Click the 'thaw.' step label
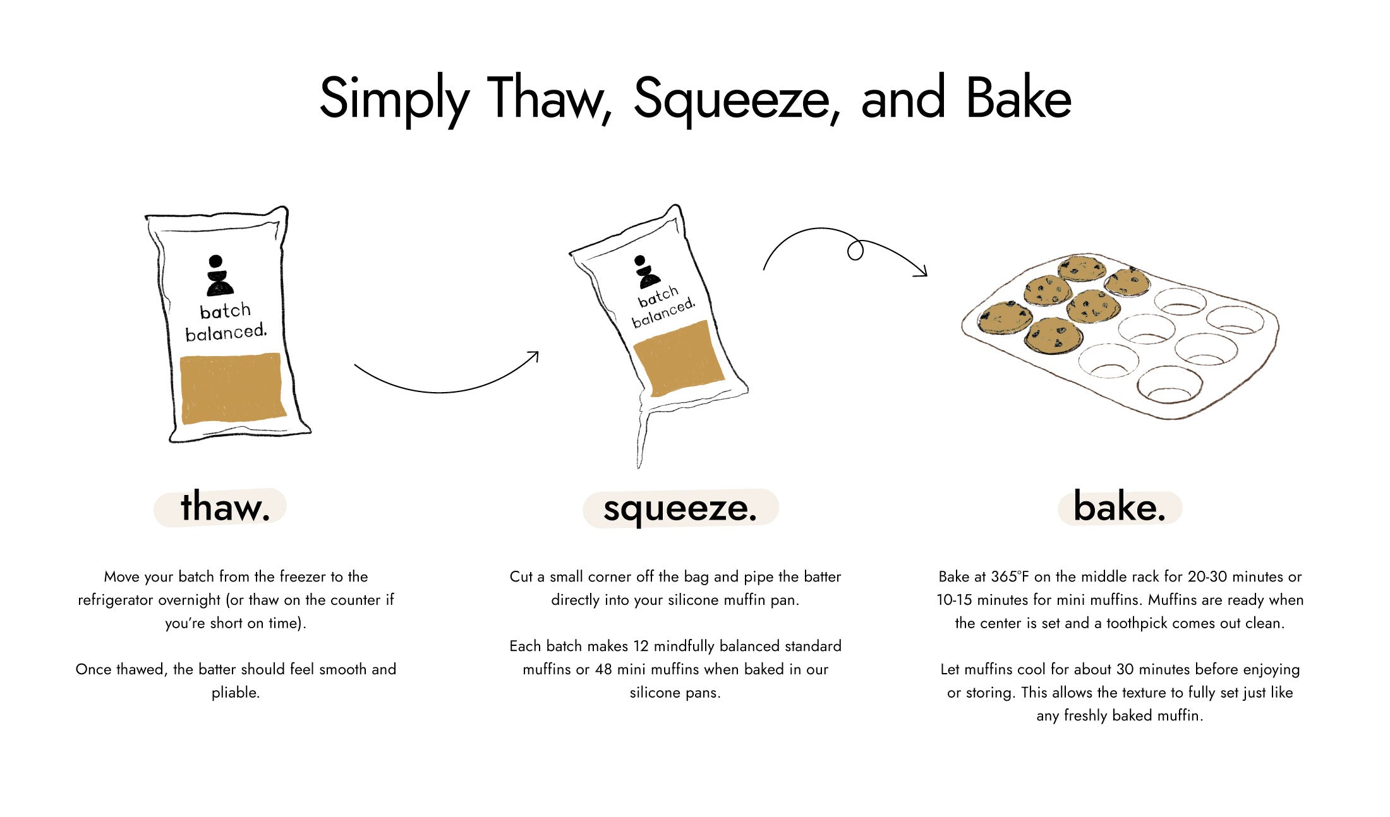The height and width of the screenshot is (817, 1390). (x=226, y=507)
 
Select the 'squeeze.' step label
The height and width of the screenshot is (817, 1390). (x=680, y=509)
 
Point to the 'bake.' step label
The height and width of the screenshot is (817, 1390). (x=1120, y=507)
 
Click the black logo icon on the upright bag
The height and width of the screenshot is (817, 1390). (x=219, y=275)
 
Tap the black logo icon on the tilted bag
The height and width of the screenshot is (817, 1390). (x=646, y=271)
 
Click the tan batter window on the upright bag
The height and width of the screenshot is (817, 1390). (x=233, y=388)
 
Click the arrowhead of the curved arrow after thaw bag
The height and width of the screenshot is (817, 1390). (x=533, y=357)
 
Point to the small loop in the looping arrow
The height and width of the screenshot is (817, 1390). (x=855, y=251)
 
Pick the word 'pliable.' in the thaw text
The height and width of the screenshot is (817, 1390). (x=236, y=693)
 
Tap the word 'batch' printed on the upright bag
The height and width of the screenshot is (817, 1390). (x=226, y=311)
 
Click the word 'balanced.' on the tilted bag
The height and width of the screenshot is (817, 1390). (x=663, y=313)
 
